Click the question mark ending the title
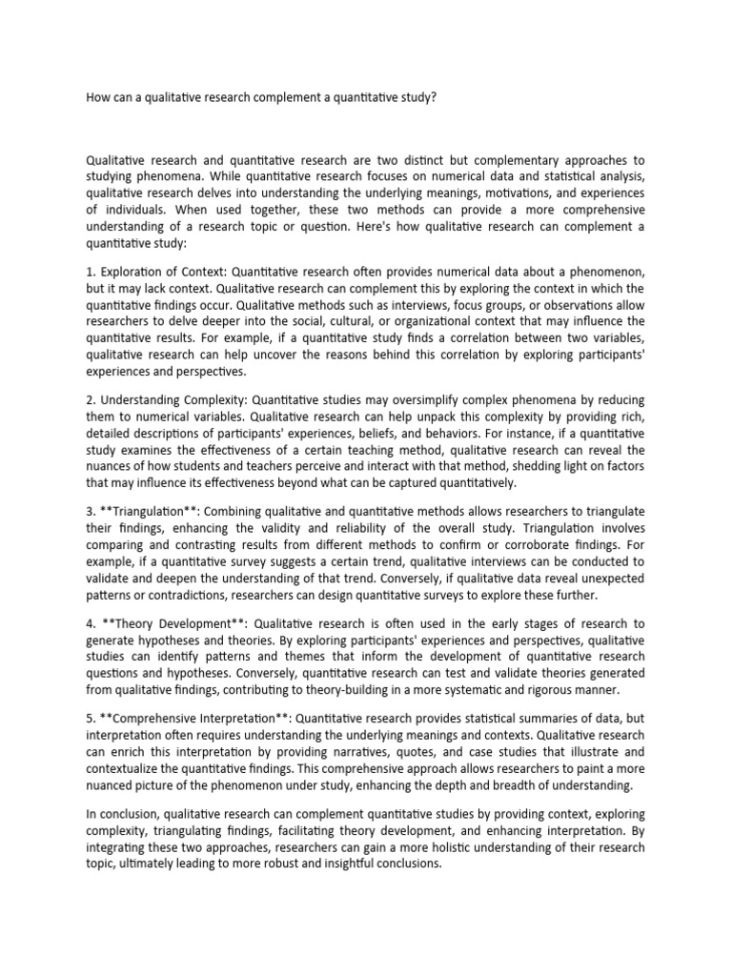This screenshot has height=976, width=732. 434,98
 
